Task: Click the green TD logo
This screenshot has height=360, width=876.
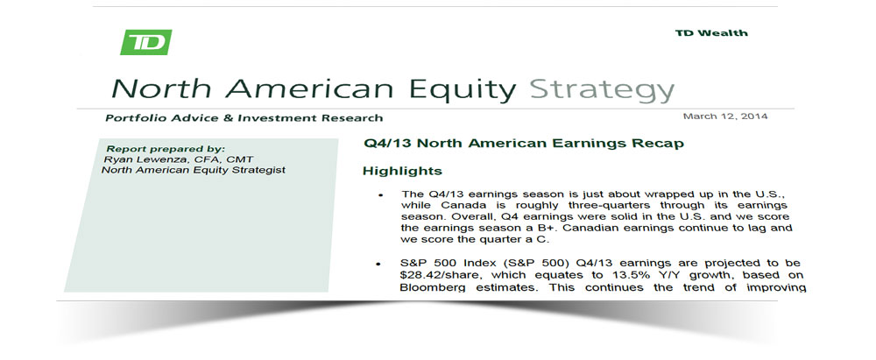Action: [x=145, y=42]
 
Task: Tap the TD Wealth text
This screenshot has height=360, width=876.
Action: [x=711, y=33]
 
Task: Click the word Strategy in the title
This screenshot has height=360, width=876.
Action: [x=602, y=90]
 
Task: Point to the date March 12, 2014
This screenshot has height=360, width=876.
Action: [x=725, y=116]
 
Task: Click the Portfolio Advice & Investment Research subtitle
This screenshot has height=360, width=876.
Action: [x=244, y=118]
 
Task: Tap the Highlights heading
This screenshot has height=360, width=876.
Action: [x=402, y=171]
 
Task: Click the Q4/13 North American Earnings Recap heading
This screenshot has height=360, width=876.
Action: [x=524, y=143]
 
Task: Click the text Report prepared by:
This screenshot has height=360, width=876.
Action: [x=166, y=149]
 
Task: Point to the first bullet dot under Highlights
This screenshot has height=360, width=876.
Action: [x=380, y=195]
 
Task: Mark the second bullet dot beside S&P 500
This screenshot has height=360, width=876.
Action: [x=379, y=264]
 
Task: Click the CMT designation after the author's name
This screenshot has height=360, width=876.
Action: [x=242, y=159]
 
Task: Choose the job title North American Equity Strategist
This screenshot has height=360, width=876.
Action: [x=194, y=170]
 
